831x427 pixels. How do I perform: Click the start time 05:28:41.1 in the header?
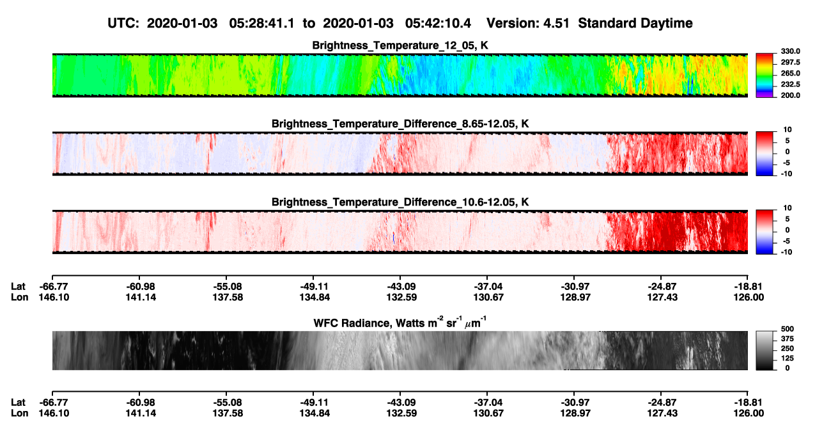(261, 23)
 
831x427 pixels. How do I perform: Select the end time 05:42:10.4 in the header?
(438, 23)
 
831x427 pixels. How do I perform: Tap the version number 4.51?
(555, 23)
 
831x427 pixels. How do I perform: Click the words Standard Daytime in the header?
(635, 24)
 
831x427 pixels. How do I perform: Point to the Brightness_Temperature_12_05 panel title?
(400, 45)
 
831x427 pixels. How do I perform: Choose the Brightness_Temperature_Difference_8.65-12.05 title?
(400, 124)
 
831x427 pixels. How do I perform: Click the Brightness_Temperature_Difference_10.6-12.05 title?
(400, 202)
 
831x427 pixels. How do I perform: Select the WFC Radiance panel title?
(400, 323)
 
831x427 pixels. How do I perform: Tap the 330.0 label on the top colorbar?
(790, 51)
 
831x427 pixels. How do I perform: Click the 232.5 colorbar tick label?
(790, 85)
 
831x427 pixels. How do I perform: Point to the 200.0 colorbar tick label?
(790, 95)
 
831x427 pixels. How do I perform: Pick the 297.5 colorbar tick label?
(790, 62)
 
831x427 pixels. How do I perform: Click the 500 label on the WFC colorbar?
(788, 329)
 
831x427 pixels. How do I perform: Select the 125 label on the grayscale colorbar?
(788, 359)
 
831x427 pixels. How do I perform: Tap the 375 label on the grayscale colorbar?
(788, 339)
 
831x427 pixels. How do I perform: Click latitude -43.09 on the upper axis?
(401, 287)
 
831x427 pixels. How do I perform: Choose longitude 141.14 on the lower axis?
(141, 414)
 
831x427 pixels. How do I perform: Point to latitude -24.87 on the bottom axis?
(662, 403)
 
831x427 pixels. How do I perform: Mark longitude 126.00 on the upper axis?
(749, 297)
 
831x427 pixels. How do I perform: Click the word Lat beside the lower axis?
(18, 403)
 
